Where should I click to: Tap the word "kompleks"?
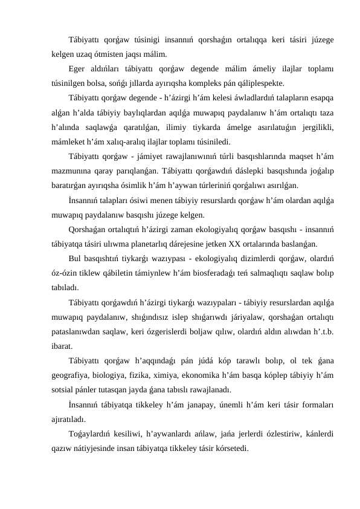pos(213,82)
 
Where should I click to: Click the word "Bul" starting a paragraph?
pos(76,261)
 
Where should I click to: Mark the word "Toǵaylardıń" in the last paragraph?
pos(90,436)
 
